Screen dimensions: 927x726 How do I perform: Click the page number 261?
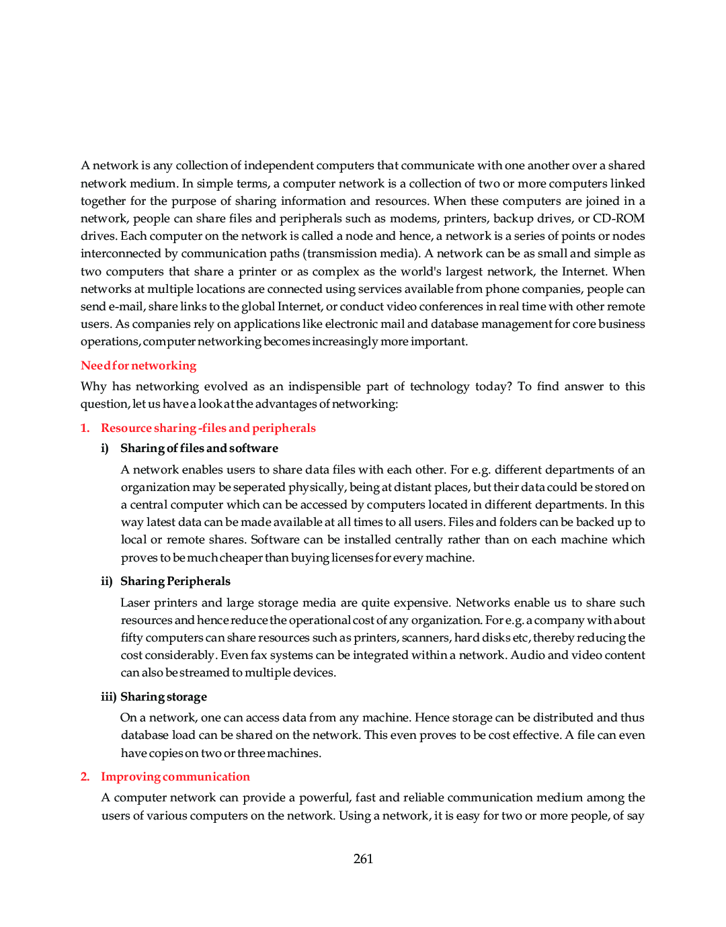coord(363,858)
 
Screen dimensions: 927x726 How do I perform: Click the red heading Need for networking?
coord(138,365)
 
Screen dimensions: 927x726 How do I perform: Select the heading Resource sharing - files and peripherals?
coord(208,428)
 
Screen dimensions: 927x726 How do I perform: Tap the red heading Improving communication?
coord(175,777)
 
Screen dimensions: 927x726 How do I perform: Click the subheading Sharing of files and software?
coord(199,448)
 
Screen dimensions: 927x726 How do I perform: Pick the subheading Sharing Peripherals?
coord(175,581)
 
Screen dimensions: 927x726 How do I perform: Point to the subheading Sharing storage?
coord(163,697)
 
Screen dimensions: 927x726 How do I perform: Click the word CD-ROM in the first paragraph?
coord(618,218)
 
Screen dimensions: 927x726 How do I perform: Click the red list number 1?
coord(85,428)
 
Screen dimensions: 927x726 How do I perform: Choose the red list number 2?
coord(85,777)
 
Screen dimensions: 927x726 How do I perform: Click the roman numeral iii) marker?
coord(108,697)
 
